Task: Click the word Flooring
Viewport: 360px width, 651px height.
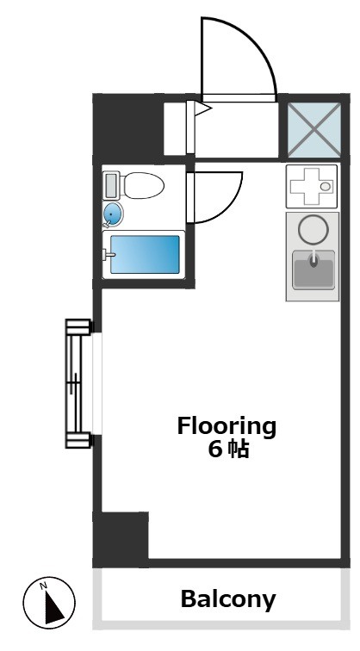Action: click(227, 427)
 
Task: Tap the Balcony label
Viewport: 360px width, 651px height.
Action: click(228, 599)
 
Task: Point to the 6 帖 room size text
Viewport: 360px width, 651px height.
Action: click(228, 449)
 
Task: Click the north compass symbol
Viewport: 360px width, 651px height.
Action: click(49, 602)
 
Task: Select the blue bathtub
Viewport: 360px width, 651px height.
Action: click(145, 255)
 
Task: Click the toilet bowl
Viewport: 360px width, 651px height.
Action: click(144, 186)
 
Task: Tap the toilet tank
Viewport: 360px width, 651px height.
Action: click(111, 186)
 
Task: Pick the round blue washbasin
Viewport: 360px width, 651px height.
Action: click(113, 214)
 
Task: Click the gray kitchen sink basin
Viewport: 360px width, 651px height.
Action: click(313, 270)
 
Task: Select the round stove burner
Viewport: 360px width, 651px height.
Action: click(313, 230)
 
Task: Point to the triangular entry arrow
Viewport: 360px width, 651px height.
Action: click(203, 109)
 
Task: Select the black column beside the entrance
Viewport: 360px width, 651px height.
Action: click(127, 127)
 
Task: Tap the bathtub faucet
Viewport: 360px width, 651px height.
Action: click(109, 255)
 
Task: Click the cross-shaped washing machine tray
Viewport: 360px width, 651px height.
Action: click(311, 186)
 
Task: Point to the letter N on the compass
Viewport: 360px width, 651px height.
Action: click(43, 586)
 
